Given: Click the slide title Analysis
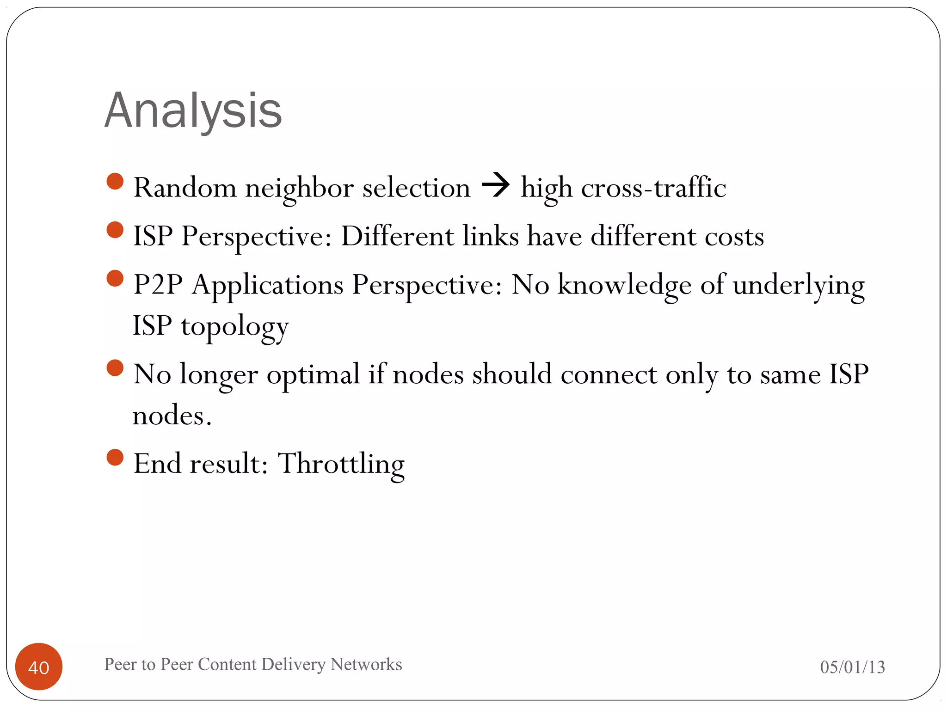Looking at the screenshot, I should pyautogui.click(x=193, y=111).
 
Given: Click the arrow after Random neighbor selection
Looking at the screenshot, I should pyautogui.click(x=495, y=186).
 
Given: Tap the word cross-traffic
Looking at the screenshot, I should pyautogui.click(x=653, y=188).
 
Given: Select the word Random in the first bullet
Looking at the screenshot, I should pyautogui.click(x=185, y=188).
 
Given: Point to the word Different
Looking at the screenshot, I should pyautogui.click(x=397, y=236).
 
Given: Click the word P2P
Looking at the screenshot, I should pyautogui.click(x=158, y=284).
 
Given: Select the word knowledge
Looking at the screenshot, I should pyautogui.click(x=625, y=285).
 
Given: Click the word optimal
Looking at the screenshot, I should pyautogui.click(x=313, y=374).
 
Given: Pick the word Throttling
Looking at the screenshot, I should pyautogui.click(x=341, y=464).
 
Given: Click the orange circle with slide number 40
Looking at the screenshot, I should pyautogui.click(x=39, y=667).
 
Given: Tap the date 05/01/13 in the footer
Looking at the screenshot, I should pyautogui.click(x=852, y=667).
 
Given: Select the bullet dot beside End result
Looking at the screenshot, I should pyautogui.click(x=115, y=458).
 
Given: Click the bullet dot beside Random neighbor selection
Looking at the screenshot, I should pyautogui.click(x=115, y=182).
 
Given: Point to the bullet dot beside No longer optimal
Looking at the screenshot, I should pyautogui.click(x=115, y=368).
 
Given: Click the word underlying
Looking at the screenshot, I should pyautogui.click(x=799, y=285).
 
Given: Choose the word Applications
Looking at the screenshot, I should pyautogui.click(x=268, y=285).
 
